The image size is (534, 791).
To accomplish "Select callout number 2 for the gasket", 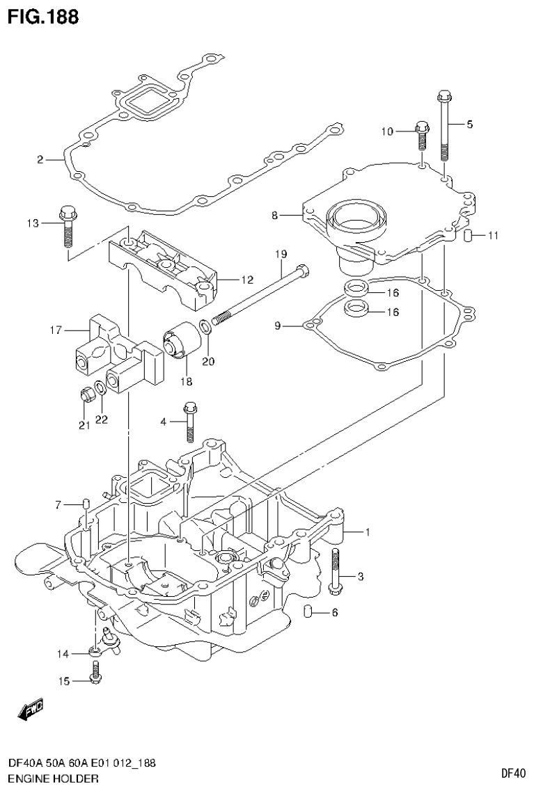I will tap(40, 160).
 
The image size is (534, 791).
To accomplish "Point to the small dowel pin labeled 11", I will tap(469, 236).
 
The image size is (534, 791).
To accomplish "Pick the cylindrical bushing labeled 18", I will tap(182, 343).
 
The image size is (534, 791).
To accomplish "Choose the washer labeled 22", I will tap(100, 387).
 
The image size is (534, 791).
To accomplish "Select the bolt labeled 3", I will tap(335, 572).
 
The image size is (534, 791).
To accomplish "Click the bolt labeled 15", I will tap(96, 671).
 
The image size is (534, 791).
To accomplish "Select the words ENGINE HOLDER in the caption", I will tap(48, 778).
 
